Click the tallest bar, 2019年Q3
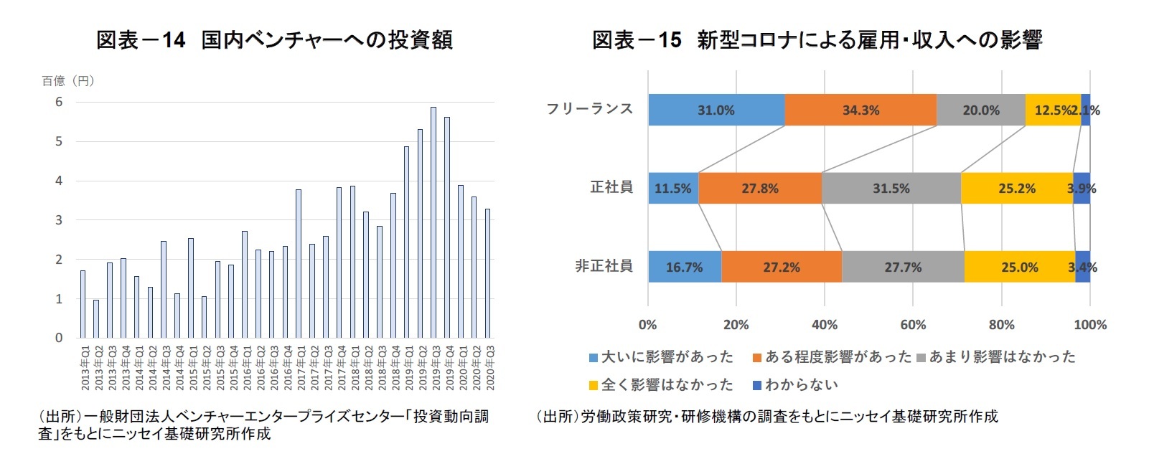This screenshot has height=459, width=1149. (x=433, y=222)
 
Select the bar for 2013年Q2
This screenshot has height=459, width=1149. (x=96, y=319)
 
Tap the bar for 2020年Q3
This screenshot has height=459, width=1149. (x=488, y=273)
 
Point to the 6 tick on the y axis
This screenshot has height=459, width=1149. (x=59, y=103)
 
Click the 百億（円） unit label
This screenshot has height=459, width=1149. (x=68, y=81)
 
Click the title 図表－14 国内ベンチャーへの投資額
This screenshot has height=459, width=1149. (x=274, y=40)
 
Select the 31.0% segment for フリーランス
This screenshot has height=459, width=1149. (x=716, y=110)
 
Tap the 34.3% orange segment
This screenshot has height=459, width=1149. (x=860, y=110)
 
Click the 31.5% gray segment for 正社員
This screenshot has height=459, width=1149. (x=891, y=189)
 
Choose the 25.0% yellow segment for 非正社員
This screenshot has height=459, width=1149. (x=1019, y=268)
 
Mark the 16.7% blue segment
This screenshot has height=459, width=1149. (x=684, y=268)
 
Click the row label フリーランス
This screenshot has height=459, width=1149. (x=589, y=109)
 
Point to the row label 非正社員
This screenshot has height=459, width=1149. (x=604, y=266)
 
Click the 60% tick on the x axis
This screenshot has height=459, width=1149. (x=913, y=325)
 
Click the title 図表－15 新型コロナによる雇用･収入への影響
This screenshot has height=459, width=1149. (x=817, y=40)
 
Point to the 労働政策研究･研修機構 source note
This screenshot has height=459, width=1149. (x=766, y=417)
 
